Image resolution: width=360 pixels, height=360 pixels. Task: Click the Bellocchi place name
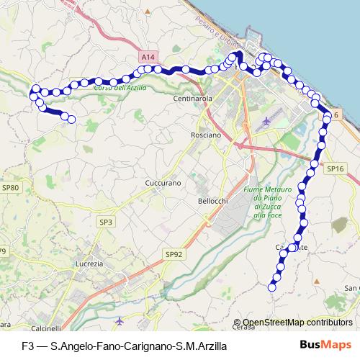click(212, 202)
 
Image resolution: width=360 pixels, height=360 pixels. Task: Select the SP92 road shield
click(174, 253)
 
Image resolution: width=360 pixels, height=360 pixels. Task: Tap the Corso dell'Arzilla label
click(120, 88)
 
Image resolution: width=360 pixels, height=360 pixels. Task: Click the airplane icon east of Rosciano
click(268, 120)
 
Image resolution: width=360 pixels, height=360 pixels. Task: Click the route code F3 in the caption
click(28, 346)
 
